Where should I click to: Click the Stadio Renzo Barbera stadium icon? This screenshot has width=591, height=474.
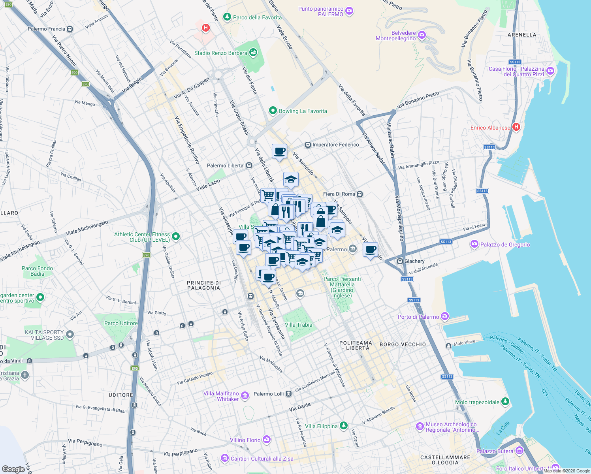coord(253,52)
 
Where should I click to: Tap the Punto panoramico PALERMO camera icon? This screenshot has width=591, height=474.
coord(349,11)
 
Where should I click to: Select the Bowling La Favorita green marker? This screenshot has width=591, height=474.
coord(273,111)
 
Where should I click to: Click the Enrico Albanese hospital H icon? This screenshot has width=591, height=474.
coord(516,127)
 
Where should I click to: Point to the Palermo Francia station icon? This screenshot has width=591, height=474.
coord(70,29)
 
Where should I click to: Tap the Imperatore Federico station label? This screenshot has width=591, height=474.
coord(335,145)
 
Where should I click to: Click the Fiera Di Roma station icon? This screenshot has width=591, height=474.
coord(359,194)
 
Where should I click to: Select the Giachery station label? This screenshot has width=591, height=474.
coord(414,261)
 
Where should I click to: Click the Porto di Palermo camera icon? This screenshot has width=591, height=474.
coord(445,316)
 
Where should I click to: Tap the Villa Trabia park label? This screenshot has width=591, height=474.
coord(298,325)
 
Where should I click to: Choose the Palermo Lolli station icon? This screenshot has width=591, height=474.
coord(288,394)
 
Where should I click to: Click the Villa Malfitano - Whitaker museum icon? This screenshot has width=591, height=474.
coord(245,395)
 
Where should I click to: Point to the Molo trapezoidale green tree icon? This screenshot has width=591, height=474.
coord(505,402)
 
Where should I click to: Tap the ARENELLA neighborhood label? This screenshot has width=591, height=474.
coord(521,35)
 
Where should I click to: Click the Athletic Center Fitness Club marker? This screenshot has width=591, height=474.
coord(176,237)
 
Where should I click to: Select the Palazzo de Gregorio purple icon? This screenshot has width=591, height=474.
coord(474,245)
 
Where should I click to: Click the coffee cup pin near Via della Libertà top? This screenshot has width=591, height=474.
coord(279,151)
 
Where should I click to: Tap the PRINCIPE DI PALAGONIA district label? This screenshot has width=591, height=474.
coord(203,285)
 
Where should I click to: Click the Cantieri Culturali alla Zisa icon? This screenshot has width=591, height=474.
coord(225,458)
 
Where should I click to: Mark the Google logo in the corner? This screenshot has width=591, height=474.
coord(13,469)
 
